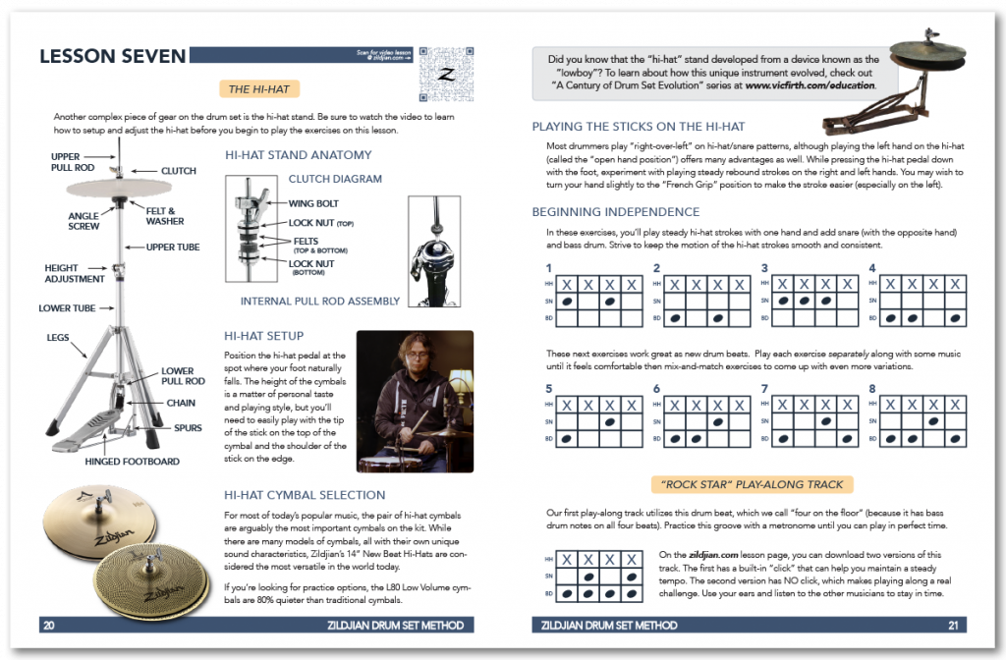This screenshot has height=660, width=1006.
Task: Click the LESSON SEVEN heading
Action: tap(113, 56)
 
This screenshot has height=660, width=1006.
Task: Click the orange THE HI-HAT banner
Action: tap(259, 89)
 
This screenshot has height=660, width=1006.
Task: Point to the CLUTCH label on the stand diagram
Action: tap(178, 171)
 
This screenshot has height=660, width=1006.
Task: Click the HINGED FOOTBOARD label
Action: tap(132, 461)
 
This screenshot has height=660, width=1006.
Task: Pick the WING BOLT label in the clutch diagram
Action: tap(314, 204)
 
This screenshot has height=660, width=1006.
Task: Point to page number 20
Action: tap(48, 625)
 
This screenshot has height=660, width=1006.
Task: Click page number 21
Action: tap(953, 625)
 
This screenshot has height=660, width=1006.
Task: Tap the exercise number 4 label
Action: tap(872, 267)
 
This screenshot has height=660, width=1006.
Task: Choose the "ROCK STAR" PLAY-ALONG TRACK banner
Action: tap(752, 484)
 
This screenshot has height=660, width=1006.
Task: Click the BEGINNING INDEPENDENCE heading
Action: tap(615, 211)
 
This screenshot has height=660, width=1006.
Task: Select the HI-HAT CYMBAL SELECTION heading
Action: tap(305, 495)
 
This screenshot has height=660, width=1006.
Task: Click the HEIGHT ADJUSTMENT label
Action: tap(74, 273)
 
